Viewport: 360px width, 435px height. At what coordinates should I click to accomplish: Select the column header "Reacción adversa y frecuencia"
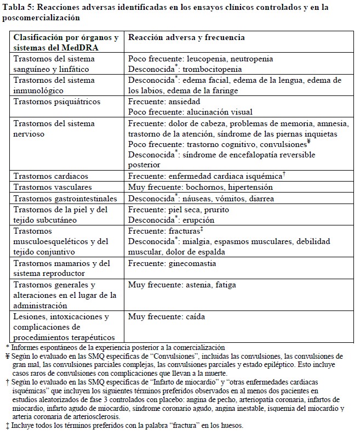point(186,37)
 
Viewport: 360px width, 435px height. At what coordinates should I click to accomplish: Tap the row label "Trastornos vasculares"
point(53,187)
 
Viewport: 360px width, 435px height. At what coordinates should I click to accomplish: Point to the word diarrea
point(260,198)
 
